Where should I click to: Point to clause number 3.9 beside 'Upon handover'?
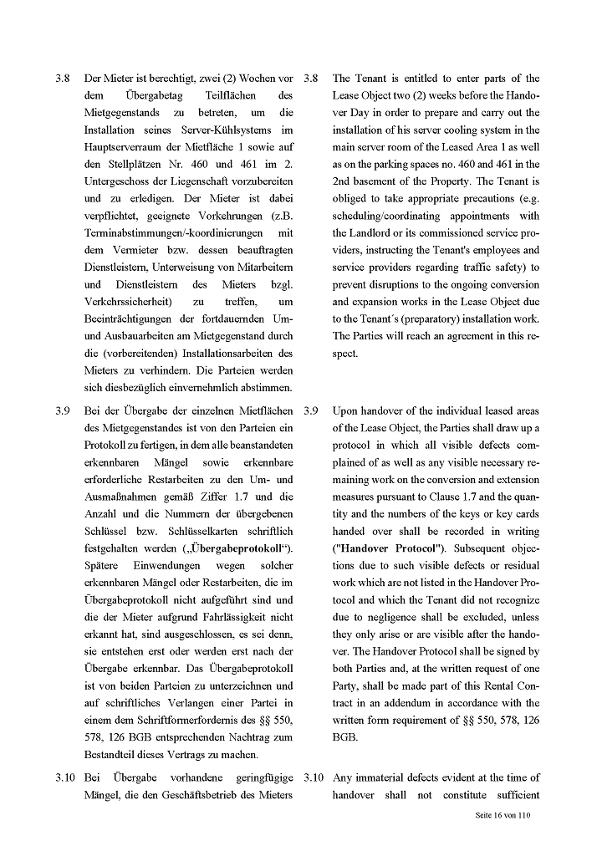coord(311,410)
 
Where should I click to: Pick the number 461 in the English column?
coord(500,165)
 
